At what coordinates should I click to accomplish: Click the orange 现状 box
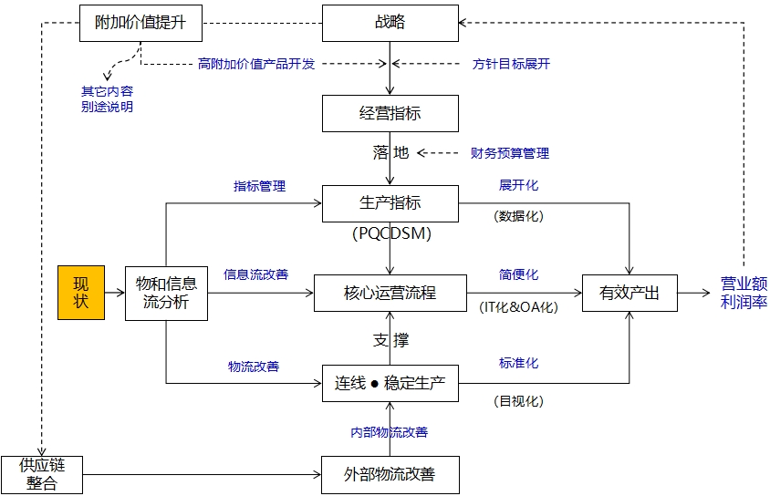tap(81, 293)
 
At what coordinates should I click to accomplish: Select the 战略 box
tap(390, 22)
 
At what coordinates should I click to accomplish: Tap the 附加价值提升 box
tap(140, 22)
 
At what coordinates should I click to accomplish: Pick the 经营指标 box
tap(390, 113)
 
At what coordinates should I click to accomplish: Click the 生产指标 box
tap(390, 202)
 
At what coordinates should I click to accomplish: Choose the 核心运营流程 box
tap(390, 293)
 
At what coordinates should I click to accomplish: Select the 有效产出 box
tap(630, 293)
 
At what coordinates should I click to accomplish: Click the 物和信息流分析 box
tap(166, 293)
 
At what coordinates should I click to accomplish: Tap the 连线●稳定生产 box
tap(390, 384)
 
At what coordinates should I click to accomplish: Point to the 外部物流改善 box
tap(390, 475)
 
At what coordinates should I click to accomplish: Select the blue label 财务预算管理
tap(510, 153)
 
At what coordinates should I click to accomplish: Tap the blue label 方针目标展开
tap(511, 64)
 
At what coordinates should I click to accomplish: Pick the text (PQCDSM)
tap(390, 233)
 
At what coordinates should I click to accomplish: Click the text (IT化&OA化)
tap(518, 307)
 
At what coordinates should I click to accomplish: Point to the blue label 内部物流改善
tap(390, 432)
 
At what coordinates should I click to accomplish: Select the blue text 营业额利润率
tap(744, 293)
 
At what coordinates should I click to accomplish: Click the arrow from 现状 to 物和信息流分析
tap(114, 293)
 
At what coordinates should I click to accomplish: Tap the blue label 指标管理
tap(259, 186)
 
